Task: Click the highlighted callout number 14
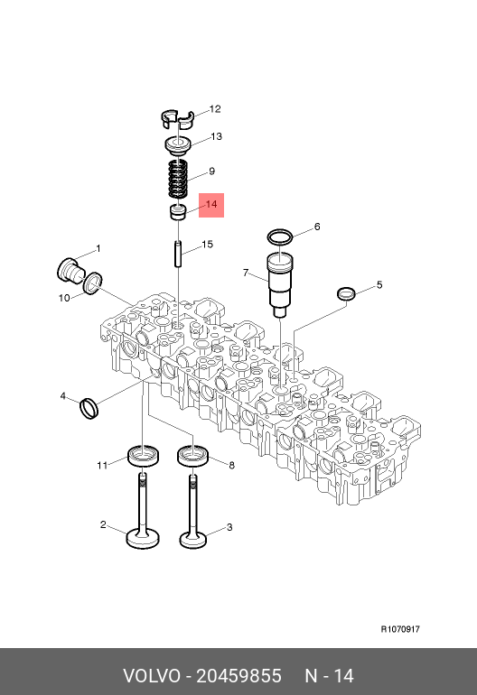(x=211, y=204)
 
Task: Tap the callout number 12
(x=215, y=109)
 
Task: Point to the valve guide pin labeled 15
(x=178, y=254)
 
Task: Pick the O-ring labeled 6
(x=280, y=237)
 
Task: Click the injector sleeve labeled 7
(x=280, y=284)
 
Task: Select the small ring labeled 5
(x=346, y=293)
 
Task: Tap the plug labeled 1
(x=70, y=269)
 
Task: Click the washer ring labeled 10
(x=93, y=283)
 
